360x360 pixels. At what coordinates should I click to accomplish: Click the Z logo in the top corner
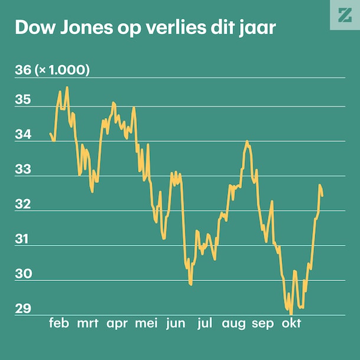[344, 15]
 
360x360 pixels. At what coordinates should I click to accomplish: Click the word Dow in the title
[34, 28]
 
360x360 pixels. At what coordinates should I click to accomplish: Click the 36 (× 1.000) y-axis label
[52, 71]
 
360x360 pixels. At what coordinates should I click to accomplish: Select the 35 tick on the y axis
[22, 100]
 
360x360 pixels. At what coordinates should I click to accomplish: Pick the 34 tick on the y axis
[22, 135]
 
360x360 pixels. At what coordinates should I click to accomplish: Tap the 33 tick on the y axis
[22, 170]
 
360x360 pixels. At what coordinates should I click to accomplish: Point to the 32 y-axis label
[22, 205]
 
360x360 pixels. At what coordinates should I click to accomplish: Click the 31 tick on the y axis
[22, 240]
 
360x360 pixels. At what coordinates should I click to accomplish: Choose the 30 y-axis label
[22, 274]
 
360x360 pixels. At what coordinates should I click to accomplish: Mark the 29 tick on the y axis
[22, 309]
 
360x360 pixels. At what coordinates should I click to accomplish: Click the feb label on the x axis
[59, 323]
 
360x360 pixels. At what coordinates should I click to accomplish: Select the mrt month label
[87, 323]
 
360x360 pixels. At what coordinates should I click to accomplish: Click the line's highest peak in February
[67, 87]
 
